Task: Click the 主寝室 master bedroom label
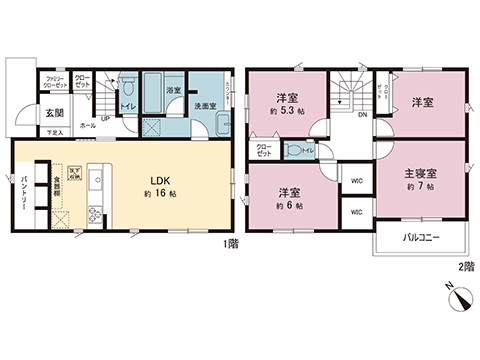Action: tap(421, 172)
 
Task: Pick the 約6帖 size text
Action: tap(290, 204)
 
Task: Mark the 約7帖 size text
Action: tap(421, 187)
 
